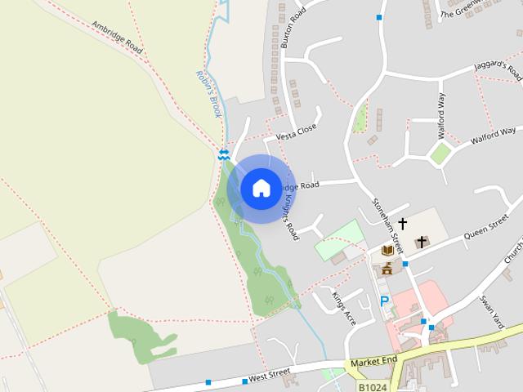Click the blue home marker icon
coord(261,189)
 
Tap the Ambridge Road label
coord(118,38)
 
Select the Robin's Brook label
coord(208,94)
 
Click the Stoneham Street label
coord(388,224)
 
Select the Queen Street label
coord(486,227)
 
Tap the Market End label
coord(373,360)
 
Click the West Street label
coord(269,375)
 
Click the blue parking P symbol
coord(385,301)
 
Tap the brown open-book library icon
coord(387,250)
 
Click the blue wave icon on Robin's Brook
coord(223,154)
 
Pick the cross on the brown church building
coord(422,241)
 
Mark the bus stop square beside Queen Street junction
coord(405,264)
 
